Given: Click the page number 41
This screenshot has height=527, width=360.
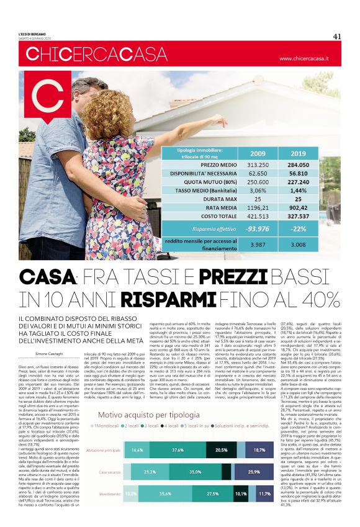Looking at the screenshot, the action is point(337,36).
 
